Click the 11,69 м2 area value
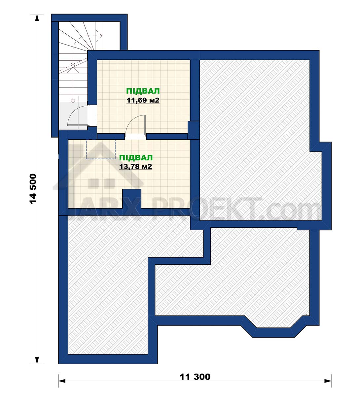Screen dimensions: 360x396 (143, 100)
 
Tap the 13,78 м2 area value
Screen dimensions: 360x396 (135, 167)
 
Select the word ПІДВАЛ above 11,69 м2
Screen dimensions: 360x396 (143, 91)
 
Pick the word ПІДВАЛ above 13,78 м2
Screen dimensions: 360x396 (136, 157)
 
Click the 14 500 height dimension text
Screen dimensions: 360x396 (33, 189)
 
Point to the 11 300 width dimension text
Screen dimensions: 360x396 (195, 377)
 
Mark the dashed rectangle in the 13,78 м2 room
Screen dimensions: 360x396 (101, 149)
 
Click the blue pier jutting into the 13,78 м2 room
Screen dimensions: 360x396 (132, 199)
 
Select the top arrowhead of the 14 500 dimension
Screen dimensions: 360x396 (37, 17)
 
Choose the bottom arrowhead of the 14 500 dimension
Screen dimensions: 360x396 (37, 360)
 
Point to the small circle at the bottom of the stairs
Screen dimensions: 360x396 (73, 101)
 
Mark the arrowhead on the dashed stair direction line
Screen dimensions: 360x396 (101, 36)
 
